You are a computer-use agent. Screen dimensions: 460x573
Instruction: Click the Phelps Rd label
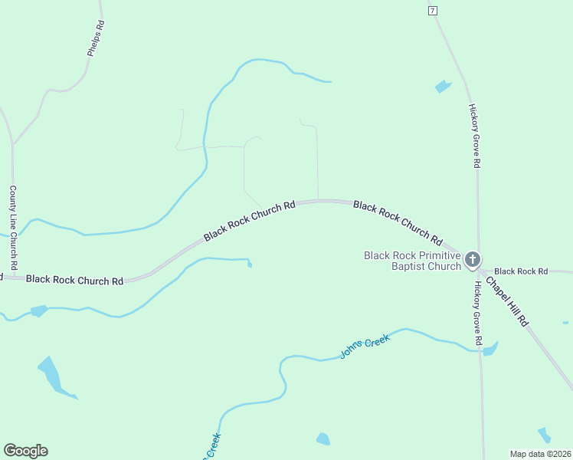point(96,38)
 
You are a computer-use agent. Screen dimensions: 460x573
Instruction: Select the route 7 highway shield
point(433,10)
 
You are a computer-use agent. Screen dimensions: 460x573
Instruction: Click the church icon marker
point(473,259)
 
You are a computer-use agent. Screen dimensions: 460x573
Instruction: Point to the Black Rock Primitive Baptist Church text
point(412,261)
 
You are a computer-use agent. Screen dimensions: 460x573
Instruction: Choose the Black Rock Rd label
point(521,271)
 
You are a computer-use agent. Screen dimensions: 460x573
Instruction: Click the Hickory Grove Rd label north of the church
point(475,136)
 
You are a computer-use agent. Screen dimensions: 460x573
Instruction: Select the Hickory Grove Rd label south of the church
point(476,312)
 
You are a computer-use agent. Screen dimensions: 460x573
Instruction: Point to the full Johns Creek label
point(365,345)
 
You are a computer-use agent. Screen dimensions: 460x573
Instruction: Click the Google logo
point(25,451)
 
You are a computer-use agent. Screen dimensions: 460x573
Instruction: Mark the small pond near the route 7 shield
point(443,87)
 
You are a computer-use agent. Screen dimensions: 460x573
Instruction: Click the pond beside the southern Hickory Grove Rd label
point(490,350)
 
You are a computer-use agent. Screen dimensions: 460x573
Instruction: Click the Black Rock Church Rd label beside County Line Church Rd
point(74,280)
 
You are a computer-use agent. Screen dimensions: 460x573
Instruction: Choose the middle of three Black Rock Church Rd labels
point(249,221)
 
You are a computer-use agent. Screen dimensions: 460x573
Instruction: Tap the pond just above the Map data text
point(544,435)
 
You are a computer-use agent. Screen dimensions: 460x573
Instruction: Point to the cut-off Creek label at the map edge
point(212,447)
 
